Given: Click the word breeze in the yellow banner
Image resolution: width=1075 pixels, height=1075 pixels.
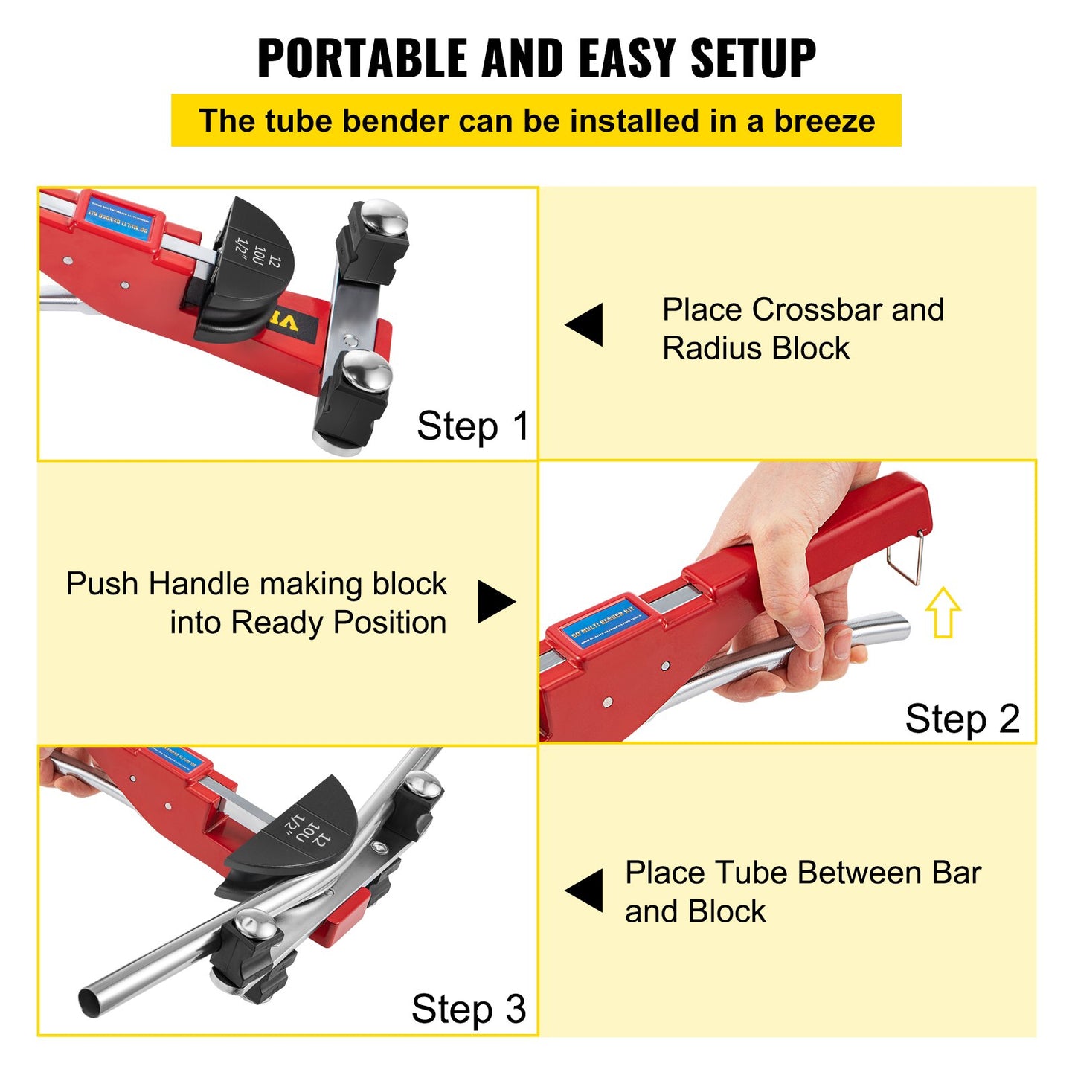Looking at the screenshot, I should pos(824,121).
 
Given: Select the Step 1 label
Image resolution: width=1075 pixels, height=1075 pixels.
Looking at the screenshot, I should pos(472,426).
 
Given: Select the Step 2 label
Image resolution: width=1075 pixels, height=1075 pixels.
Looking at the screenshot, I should pos(962,719).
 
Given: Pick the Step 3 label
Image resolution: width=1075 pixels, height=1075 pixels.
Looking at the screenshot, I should pos(469,1010).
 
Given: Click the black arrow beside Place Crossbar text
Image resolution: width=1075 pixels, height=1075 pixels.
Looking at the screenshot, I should pos(585,324).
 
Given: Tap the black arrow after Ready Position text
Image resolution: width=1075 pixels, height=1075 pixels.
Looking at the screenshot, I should pos(495,601).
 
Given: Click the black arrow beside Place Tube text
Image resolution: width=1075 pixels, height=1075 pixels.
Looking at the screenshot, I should pos(585,891).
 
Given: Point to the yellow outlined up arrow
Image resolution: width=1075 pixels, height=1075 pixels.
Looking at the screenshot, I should pos(943,612).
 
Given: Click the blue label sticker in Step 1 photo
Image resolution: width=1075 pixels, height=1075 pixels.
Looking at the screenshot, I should pos(119,216).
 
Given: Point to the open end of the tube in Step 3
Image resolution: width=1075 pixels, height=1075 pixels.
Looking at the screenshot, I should pos(89,1001).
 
